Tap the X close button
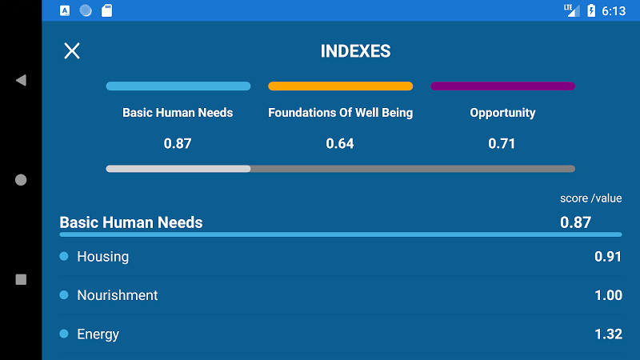point(72,51)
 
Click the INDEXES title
point(355,51)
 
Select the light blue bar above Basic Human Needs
point(178,86)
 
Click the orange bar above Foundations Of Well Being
point(341,86)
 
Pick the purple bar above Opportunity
point(503,86)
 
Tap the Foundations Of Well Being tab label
point(341,113)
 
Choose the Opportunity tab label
point(502,113)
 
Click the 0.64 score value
point(340,144)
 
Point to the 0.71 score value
point(502,144)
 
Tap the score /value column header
point(590,198)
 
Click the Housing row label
point(103,257)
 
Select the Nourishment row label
point(118,295)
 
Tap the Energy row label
point(98,334)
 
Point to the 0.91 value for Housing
point(608,257)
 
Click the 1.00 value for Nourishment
point(608,295)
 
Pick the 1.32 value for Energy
point(608,334)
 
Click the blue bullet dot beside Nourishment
point(64,294)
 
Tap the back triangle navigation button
point(21,80)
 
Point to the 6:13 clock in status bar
point(614,11)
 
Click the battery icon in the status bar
point(591,10)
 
